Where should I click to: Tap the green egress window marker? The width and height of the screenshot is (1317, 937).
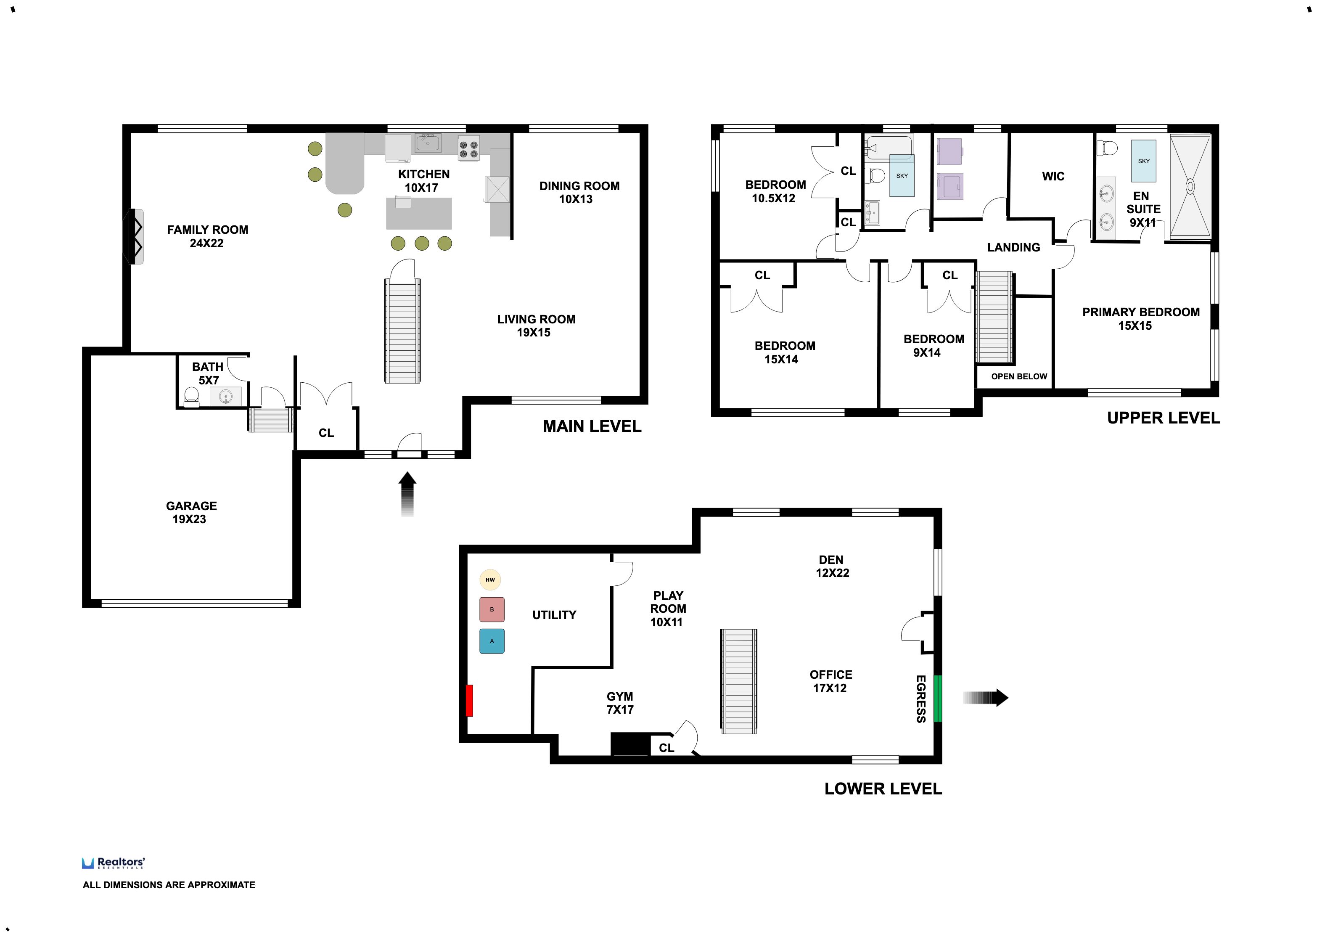click(937, 698)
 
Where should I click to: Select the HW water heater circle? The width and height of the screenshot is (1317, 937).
click(490, 580)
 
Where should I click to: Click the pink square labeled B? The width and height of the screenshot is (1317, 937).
click(492, 609)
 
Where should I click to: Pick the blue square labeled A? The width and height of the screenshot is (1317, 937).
click(492, 641)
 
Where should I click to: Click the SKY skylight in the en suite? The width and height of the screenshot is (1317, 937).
click(1143, 161)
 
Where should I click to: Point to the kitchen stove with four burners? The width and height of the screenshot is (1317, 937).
click(468, 148)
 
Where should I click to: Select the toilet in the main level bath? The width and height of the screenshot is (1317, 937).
click(191, 397)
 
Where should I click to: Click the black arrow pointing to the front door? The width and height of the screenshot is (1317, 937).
click(407, 494)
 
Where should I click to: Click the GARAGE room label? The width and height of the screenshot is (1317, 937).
click(191, 506)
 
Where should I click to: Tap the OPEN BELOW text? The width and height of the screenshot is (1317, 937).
click(1019, 376)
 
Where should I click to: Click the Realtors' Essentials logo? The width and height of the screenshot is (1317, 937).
click(114, 863)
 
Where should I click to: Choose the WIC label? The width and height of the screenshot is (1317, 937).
click(1053, 177)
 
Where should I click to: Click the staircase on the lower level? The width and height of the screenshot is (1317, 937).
click(739, 681)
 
